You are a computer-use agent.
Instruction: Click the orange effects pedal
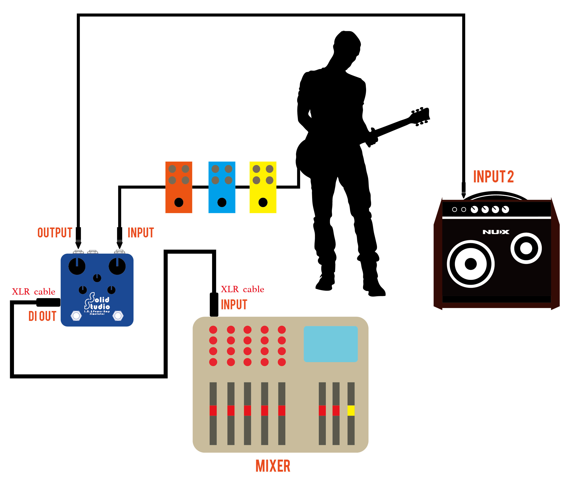(179, 187)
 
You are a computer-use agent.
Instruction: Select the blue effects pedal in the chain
(222, 187)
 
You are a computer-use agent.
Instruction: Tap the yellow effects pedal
(263, 187)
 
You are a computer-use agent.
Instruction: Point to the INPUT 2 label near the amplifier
(493, 177)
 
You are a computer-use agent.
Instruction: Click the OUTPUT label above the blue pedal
(55, 233)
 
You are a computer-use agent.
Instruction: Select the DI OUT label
(42, 316)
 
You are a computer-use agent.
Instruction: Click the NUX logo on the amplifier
(496, 232)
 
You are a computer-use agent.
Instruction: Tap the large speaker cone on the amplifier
(470, 264)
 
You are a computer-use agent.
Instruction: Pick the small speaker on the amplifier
(526, 248)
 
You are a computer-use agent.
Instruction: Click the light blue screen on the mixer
(330, 344)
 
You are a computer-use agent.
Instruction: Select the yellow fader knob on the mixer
(351, 411)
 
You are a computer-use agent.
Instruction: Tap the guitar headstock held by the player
(420, 116)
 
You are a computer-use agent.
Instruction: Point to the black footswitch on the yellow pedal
(263, 202)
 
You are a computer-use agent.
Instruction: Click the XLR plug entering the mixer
(214, 304)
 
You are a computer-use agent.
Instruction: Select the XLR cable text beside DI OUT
(33, 292)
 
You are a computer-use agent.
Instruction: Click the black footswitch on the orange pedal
(179, 202)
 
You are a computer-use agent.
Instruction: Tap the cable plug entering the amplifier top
(463, 189)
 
